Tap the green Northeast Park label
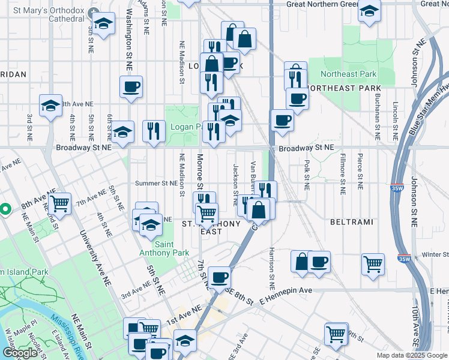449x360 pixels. tap(348, 74)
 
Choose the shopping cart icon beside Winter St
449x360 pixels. tap(373, 263)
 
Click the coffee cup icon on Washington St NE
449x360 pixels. tap(131, 87)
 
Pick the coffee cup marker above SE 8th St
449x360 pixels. tap(220, 277)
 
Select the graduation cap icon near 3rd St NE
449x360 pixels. tap(50, 106)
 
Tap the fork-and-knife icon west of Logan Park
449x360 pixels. tap(154, 131)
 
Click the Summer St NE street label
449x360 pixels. tap(157, 183)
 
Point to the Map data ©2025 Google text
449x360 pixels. tap(412, 355)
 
